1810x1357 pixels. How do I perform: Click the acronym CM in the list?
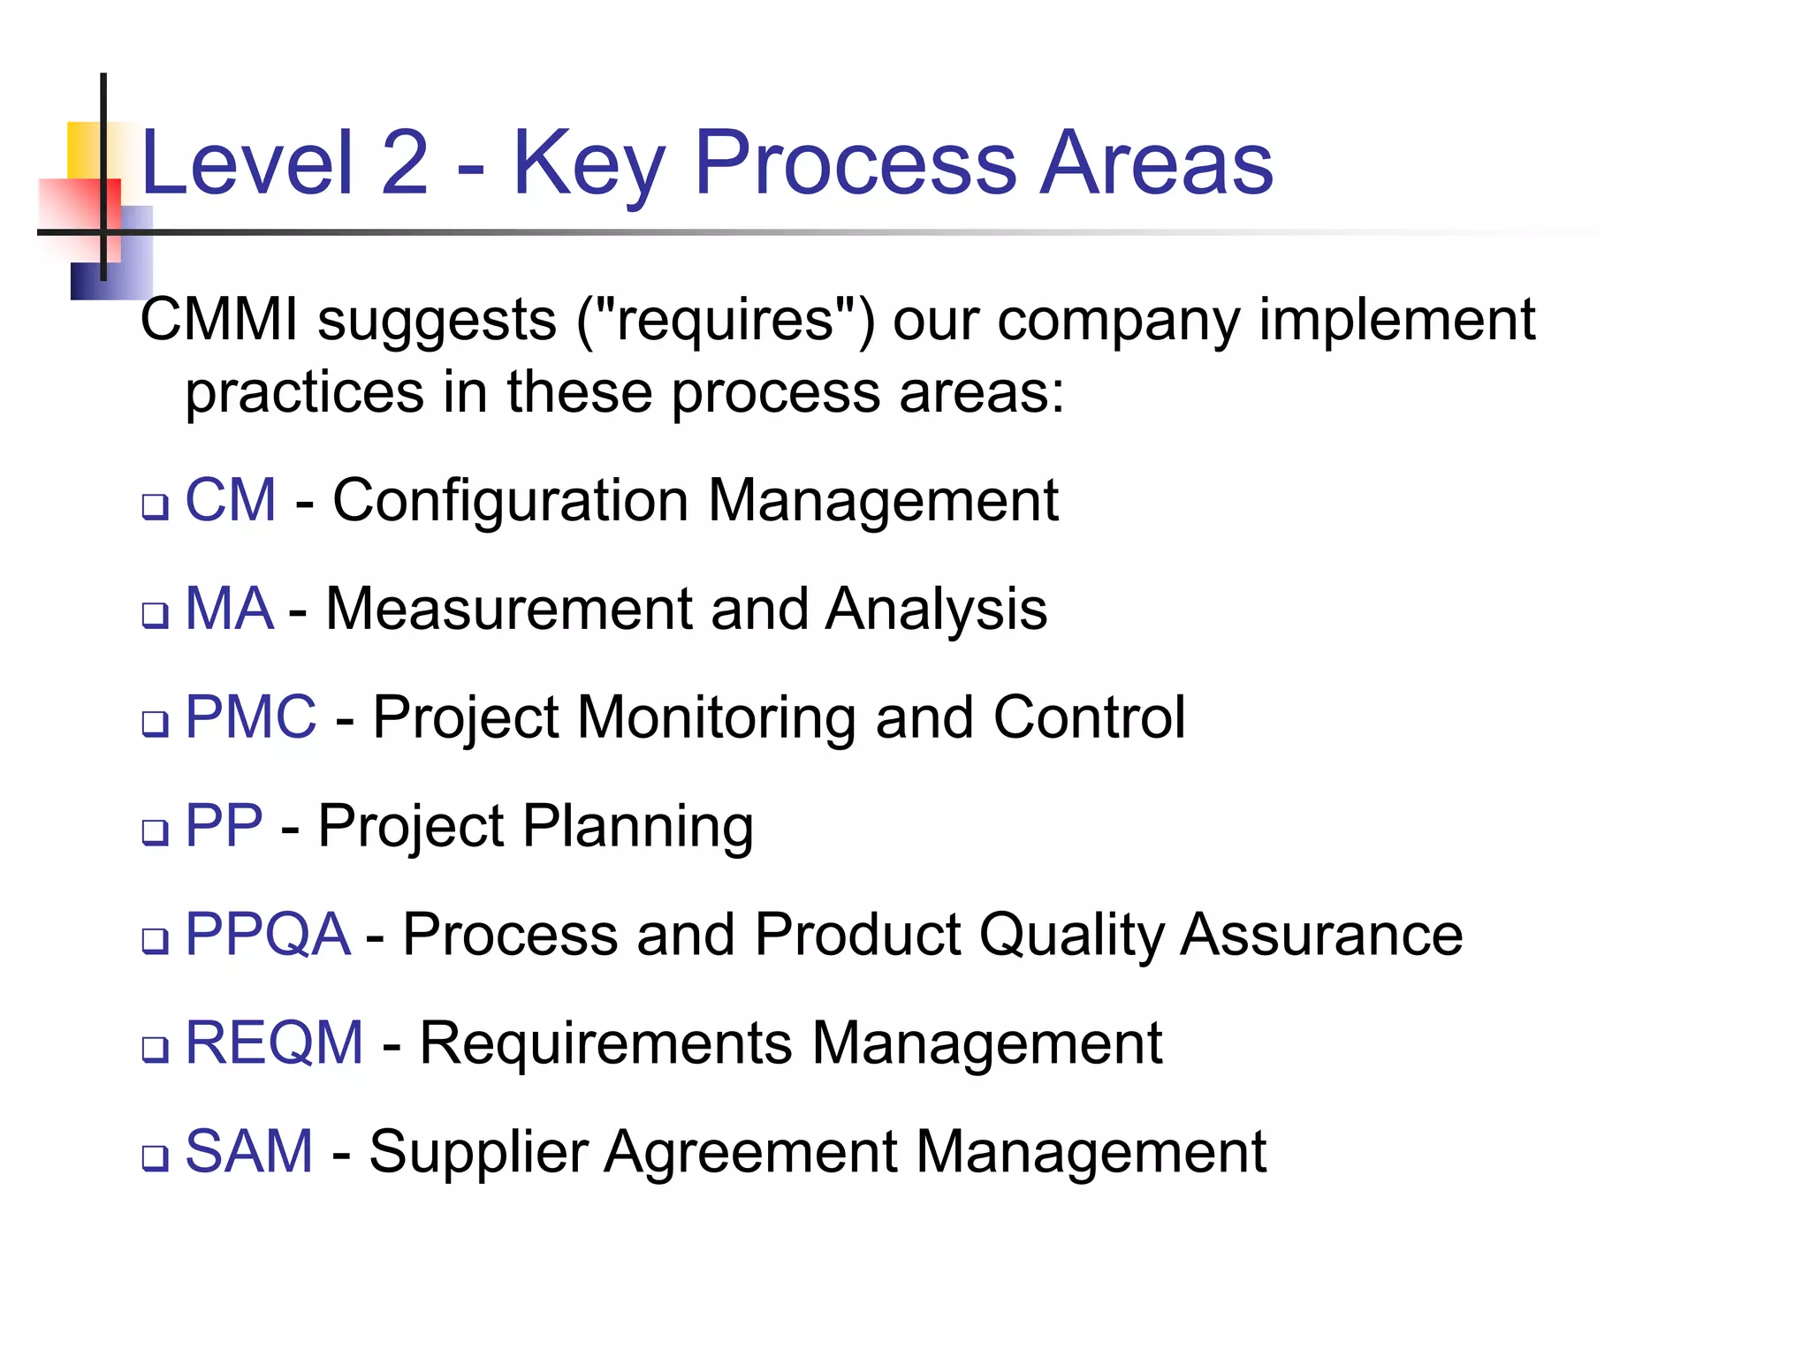230,501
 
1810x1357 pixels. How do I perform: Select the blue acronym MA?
229,610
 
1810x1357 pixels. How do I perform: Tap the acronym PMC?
250,717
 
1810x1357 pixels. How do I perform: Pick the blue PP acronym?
224,826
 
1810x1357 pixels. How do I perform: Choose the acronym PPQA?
267,935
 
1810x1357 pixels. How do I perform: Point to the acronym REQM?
274,1043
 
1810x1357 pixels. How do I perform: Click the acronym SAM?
249,1152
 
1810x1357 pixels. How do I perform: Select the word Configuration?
510,501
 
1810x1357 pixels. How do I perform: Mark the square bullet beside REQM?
156,1050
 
